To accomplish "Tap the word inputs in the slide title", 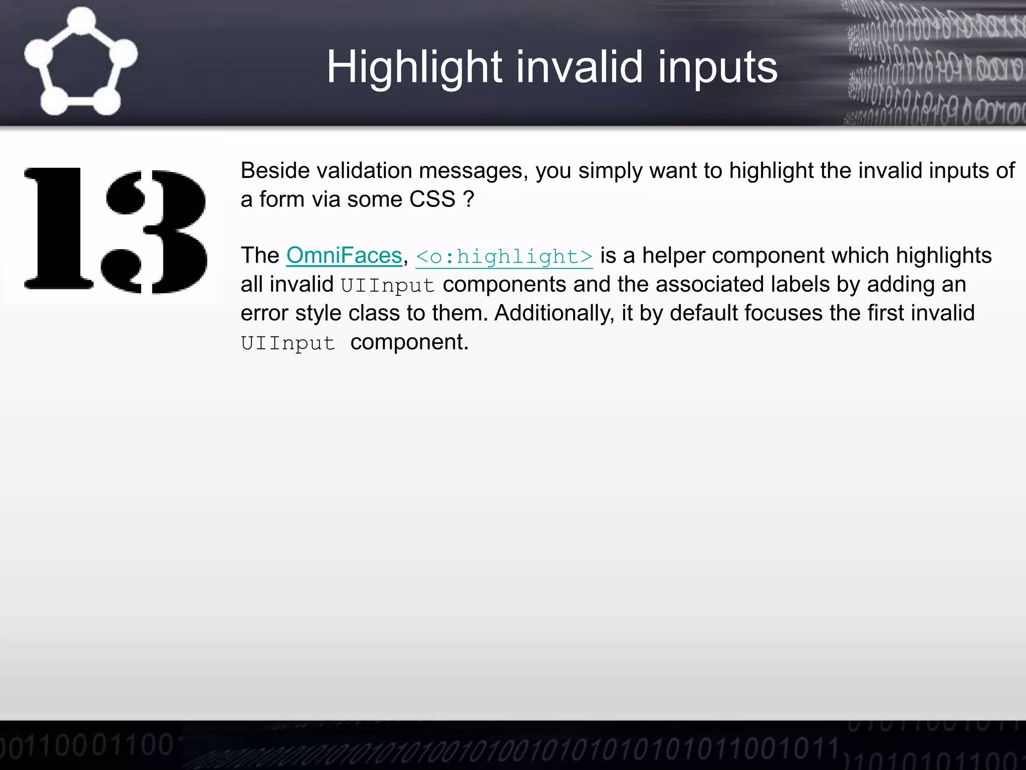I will pos(717,68).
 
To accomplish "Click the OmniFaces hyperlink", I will pos(344,256).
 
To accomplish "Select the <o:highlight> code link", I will pos(504,257).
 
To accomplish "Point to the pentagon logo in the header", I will pos(81,62).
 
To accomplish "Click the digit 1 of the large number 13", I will pos(59,229).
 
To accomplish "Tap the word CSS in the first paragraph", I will pos(432,200).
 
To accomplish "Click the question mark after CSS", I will pos(468,200).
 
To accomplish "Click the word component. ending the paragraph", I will pos(409,342).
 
